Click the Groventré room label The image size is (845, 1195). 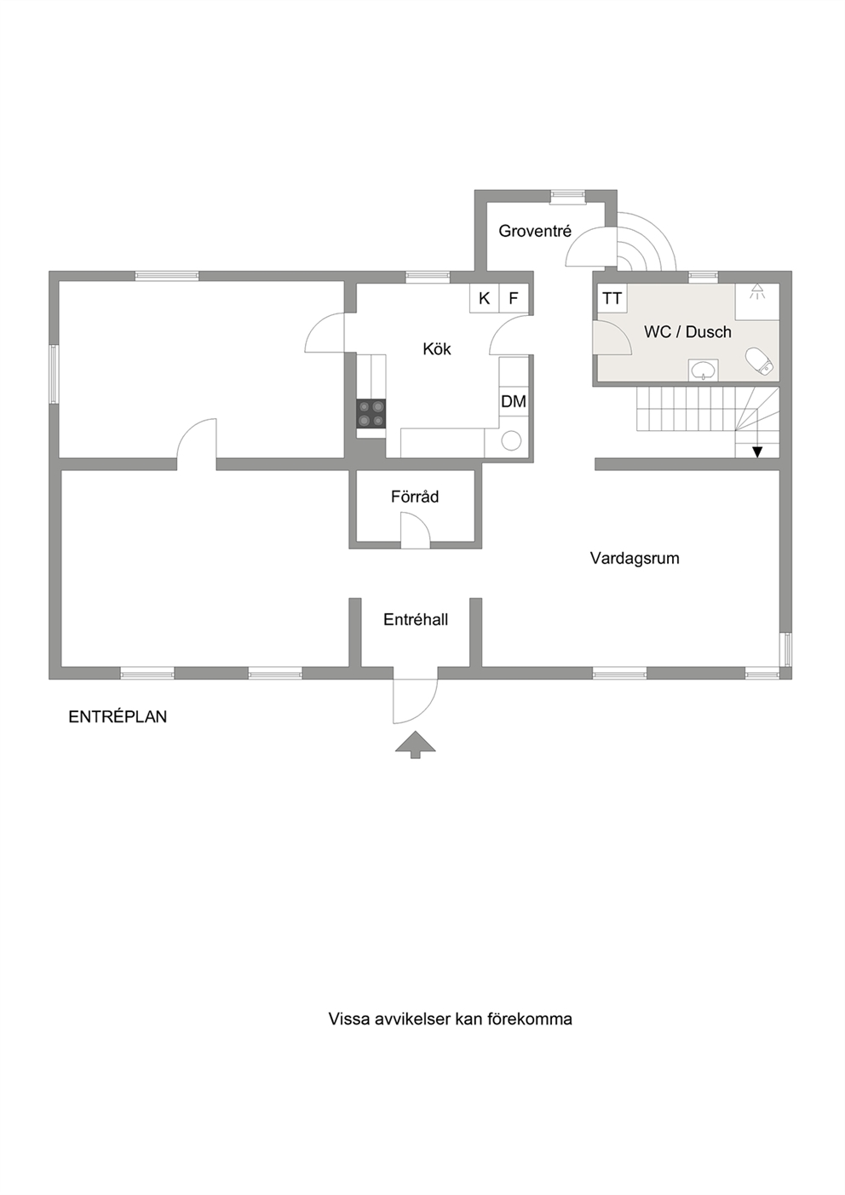[x=535, y=231]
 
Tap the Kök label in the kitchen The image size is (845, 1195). [x=436, y=349]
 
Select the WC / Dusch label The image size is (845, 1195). [x=687, y=332]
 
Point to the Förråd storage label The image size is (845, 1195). [x=415, y=497]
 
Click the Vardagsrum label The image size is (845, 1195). [x=635, y=559]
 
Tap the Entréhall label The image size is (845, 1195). [x=416, y=619]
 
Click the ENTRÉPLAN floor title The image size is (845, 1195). [x=118, y=716]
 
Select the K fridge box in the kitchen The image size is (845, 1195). [x=484, y=298]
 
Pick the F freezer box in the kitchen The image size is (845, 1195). [x=513, y=298]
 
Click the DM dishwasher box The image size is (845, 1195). [x=514, y=401]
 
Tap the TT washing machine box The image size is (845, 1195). [x=612, y=298]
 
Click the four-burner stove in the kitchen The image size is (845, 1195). [x=371, y=413]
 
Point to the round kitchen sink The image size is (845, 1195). [x=511, y=441]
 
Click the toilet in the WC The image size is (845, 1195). [x=760, y=361]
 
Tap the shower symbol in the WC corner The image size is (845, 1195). [x=756, y=291]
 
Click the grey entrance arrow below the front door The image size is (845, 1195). [x=415, y=744]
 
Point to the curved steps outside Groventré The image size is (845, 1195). [x=647, y=242]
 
